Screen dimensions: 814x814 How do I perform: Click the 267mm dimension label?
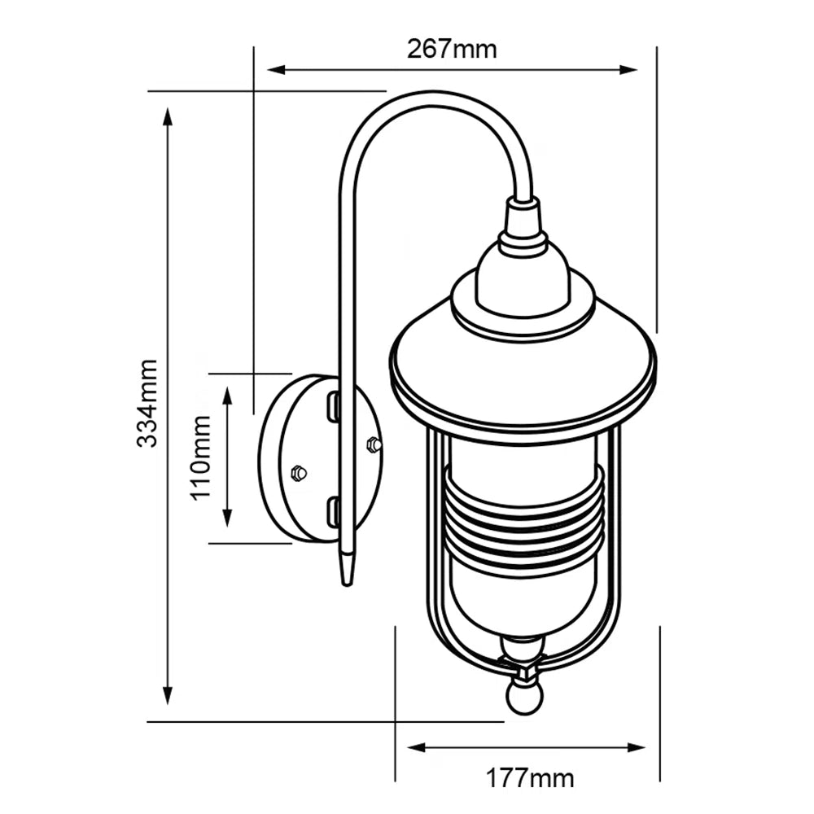[452, 49]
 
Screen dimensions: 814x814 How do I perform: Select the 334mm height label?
[147, 402]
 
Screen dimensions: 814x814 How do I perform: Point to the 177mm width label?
[530, 778]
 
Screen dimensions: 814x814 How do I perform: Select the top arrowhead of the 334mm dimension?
[168, 115]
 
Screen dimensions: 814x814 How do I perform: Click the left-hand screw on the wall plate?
[299, 471]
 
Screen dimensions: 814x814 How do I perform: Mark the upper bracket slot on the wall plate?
[334, 405]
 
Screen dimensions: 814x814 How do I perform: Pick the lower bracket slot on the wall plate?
[334, 512]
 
